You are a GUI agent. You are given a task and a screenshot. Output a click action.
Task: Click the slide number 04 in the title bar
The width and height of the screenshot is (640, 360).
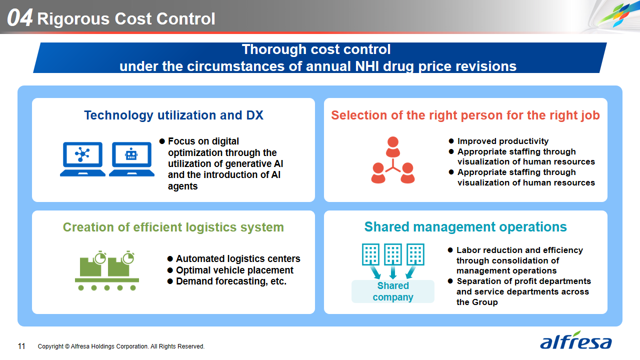tap(19, 18)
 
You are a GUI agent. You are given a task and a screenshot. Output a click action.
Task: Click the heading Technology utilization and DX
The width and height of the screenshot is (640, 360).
tap(173, 115)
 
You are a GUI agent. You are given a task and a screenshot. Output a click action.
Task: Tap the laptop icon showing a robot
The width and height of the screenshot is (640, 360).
tap(131, 159)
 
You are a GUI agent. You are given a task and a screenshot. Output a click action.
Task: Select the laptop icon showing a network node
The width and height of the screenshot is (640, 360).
tap(82, 159)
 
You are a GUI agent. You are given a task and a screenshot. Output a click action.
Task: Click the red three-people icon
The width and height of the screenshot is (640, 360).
tap(393, 160)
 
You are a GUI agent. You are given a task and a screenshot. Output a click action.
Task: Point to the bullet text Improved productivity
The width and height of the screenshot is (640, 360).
tap(503, 141)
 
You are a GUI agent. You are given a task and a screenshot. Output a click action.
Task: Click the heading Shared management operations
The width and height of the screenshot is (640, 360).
tap(465, 227)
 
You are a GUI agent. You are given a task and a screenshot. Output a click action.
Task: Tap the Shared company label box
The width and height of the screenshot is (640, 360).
tap(393, 291)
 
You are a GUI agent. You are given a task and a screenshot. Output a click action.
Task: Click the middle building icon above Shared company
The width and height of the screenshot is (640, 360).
tap(393, 254)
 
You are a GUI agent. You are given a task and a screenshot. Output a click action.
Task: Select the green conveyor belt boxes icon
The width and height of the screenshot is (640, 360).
tap(107, 271)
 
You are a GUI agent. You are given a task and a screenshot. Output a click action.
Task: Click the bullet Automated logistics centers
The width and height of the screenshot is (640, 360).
tap(238, 259)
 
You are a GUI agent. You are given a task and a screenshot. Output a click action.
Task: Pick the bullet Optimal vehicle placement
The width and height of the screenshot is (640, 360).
tap(234, 270)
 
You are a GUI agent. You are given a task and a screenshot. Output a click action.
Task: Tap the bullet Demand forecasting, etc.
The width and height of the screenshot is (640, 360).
tap(231, 281)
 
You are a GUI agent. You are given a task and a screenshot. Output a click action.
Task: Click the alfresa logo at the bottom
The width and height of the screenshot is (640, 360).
tap(575, 340)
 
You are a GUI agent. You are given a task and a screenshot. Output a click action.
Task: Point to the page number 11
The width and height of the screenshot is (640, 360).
tap(21, 346)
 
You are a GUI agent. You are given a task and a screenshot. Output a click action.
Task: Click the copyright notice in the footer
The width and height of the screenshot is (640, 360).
tap(121, 346)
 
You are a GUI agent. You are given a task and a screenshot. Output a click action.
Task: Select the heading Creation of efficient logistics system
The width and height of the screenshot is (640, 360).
tap(173, 227)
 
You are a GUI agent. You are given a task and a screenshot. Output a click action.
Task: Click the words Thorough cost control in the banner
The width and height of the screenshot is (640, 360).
tap(316, 49)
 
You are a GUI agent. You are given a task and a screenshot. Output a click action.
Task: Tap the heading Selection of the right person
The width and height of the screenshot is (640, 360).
tap(465, 115)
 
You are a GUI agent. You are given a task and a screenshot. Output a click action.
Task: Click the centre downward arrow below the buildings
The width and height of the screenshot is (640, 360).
tap(393, 272)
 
